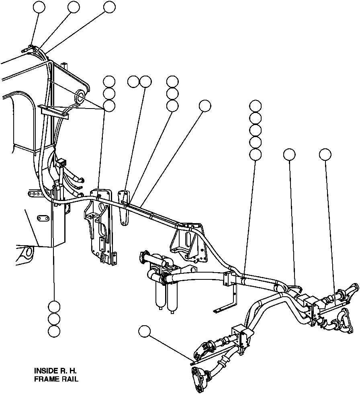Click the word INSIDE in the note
click(46, 370)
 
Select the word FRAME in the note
click(45, 379)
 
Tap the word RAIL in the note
click(69, 379)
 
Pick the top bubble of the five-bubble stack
click(256, 106)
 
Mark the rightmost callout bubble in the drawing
click(325, 154)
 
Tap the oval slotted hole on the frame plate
click(42, 218)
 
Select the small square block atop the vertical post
click(61, 164)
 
